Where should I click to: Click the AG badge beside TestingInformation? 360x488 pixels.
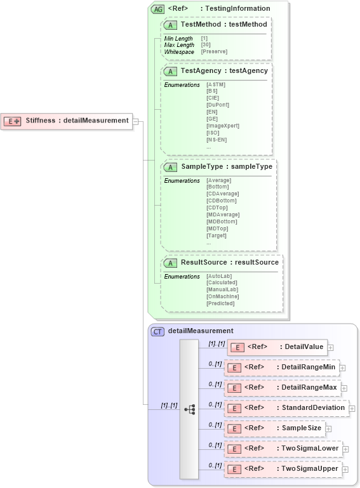click(157, 9)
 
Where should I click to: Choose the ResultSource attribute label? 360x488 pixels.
click(229, 262)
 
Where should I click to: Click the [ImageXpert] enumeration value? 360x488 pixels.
click(223, 126)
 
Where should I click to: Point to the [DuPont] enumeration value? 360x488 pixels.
click(218, 105)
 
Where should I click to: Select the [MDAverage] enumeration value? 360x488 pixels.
click(223, 214)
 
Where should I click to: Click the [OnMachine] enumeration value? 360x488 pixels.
click(222, 296)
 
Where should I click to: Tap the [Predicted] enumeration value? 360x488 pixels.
click(220, 303)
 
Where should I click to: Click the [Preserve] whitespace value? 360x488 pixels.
click(214, 51)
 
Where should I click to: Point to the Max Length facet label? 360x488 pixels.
click(179, 45)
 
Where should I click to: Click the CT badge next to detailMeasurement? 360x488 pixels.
click(157, 331)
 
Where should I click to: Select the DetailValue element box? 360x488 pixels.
click(277, 347)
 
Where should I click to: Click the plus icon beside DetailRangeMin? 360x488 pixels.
click(342, 367)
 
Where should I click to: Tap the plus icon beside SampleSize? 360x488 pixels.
click(328, 429)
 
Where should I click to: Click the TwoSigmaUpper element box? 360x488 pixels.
click(283, 469)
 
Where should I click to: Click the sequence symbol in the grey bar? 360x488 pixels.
click(189, 409)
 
